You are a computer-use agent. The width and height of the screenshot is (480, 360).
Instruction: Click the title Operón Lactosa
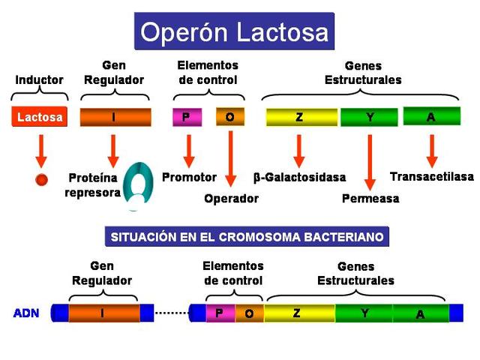[234, 32]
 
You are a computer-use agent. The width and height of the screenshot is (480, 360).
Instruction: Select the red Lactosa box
[40, 117]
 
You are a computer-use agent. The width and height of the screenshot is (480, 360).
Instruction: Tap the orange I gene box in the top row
[115, 117]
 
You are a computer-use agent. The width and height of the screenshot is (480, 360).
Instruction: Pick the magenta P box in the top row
[187, 117]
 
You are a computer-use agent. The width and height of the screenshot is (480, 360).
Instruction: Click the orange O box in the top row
[229, 117]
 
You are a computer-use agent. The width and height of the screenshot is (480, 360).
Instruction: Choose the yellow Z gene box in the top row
[300, 117]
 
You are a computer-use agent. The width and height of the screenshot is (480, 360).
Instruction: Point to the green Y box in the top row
[369, 117]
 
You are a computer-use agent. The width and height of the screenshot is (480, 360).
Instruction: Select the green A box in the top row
[431, 117]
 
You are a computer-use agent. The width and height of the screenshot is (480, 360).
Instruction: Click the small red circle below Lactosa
[42, 179]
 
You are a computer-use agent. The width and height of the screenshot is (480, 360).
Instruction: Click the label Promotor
[189, 178]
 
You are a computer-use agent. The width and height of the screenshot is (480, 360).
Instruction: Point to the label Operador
[231, 199]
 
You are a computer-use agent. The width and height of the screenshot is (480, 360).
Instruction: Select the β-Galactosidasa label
[300, 178]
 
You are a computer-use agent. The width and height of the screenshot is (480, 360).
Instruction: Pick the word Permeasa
[370, 199]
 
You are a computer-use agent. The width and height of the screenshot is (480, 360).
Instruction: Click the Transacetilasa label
[432, 177]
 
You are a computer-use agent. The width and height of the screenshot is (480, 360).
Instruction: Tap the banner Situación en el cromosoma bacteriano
[247, 237]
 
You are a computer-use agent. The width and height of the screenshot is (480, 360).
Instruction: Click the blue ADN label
[26, 313]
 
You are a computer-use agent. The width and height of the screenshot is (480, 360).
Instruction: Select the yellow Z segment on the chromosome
[298, 313]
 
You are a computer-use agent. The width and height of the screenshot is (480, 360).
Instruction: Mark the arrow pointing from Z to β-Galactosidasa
[299, 150]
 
